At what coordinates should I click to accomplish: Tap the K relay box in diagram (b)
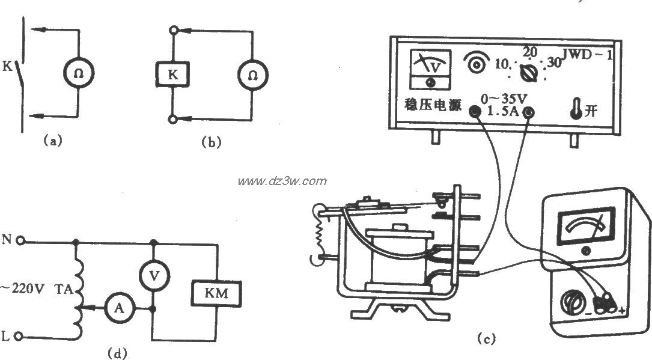click(170, 76)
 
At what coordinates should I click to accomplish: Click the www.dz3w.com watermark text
click(282, 181)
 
